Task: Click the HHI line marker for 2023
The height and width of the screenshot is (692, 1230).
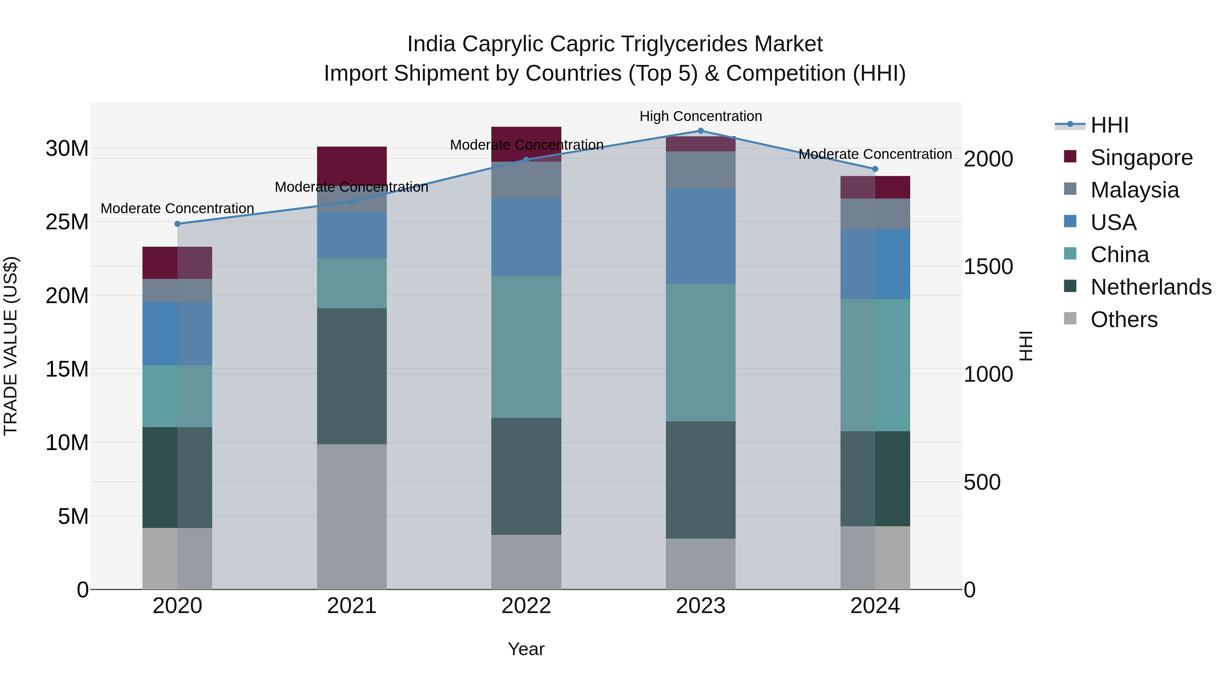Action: (x=700, y=131)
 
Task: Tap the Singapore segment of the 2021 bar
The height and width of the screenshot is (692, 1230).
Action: (x=352, y=165)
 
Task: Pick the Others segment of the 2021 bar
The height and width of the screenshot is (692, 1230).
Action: (x=352, y=517)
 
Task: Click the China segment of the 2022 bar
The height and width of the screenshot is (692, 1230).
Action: (x=526, y=347)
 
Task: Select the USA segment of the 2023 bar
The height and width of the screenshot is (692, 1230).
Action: (x=700, y=236)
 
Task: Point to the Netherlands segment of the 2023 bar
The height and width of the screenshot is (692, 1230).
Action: (x=700, y=480)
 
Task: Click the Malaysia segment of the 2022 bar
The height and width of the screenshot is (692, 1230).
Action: (x=526, y=180)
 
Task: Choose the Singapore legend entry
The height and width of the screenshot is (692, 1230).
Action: (x=1141, y=158)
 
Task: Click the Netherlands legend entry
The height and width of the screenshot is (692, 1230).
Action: (x=1151, y=287)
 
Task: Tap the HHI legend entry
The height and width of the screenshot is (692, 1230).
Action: (x=1109, y=125)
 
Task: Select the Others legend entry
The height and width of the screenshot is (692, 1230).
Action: (x=1123, y=320)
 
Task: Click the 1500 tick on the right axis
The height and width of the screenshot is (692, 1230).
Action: (x=987, y=267)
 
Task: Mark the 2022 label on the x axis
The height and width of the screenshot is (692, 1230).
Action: (x=526, y=606)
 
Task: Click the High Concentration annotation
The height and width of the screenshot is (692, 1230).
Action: (x=700, y=116)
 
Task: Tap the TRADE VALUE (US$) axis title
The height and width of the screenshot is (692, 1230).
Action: (x=11, y=346)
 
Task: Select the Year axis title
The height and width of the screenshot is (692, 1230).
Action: (x=526, y=649)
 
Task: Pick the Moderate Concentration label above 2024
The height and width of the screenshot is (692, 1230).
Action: (x=875, y=154)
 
